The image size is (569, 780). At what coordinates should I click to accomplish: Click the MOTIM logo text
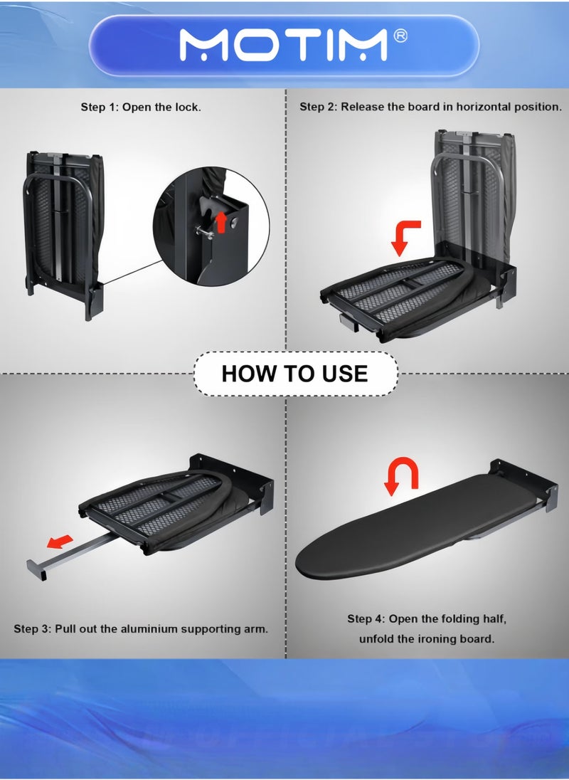pos(282,46)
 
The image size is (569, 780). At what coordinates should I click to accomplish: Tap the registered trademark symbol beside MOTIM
pos(400,36)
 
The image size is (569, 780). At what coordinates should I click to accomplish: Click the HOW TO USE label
pos(294,374)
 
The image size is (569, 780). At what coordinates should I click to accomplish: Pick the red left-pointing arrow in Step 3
pos(60,541)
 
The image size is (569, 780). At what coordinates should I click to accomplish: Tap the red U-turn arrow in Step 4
pos(402,476)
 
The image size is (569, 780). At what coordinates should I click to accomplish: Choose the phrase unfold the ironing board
pos(426,638)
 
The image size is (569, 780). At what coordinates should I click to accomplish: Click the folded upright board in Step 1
pos(65,234)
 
